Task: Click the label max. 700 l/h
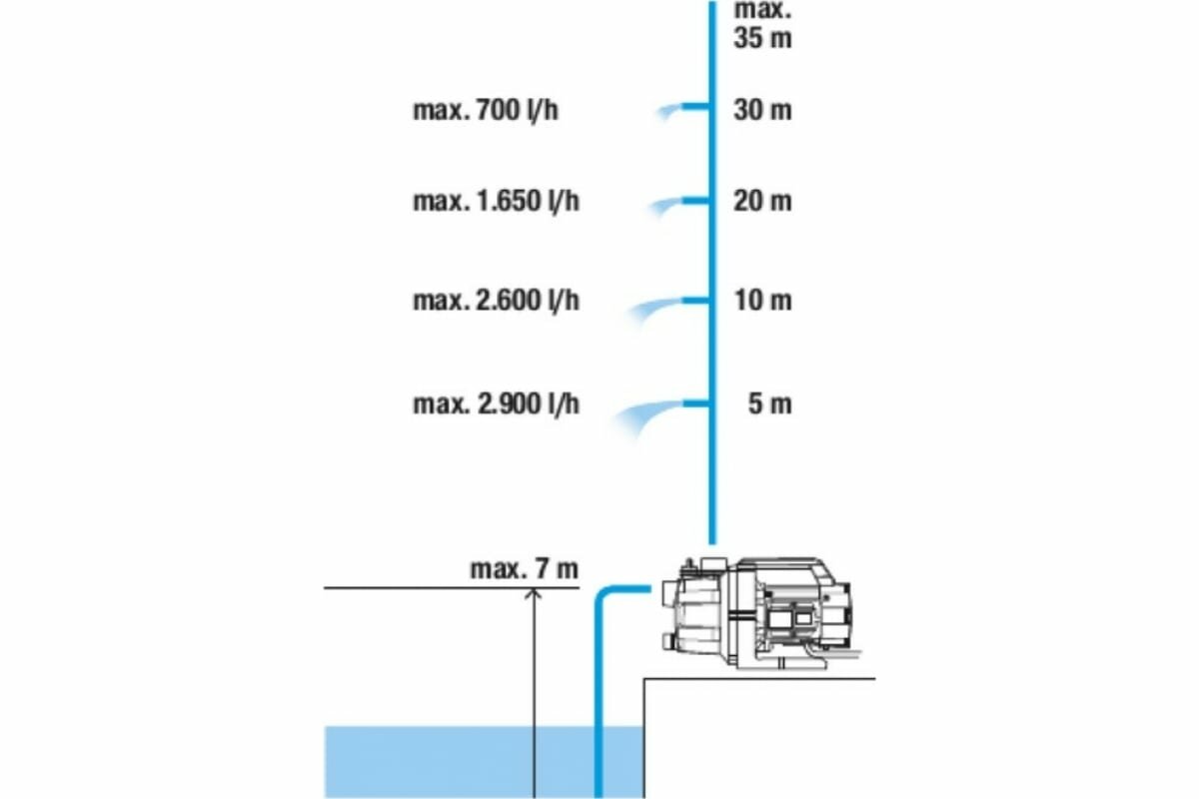pos(486,110)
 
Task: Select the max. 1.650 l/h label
pos(496,202)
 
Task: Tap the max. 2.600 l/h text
pos(496,300)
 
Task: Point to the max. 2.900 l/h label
pos(496,404)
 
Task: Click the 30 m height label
pos(762,110)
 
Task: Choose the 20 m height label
pos(762,202)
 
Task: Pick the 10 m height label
pos(762,300)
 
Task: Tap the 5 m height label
pos(769,404)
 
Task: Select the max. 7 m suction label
pos(524,569)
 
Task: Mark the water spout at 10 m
pos(654,307)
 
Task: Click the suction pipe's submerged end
pos(599,789)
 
